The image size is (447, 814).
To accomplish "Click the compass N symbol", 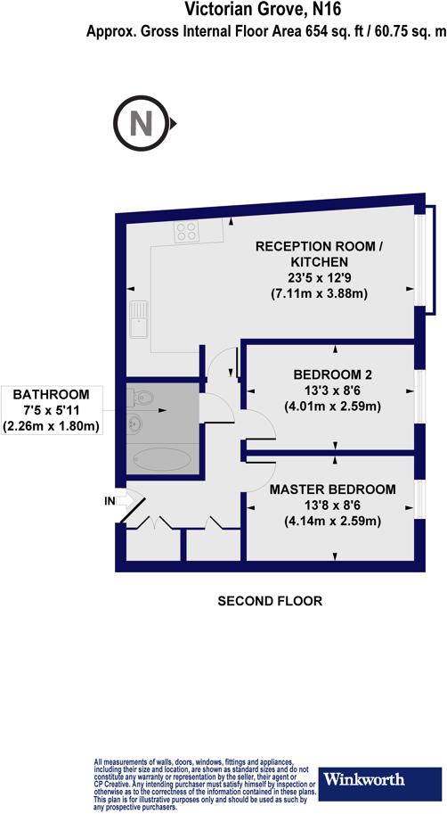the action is pyautogui.click(x=141, y=124).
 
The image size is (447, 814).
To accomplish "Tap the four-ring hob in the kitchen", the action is pyautogui.click(x=187, y=231).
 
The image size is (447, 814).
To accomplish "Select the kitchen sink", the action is pyautogui.click(x=138, y=317).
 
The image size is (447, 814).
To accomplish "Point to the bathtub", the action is pyautogui.click(x=161, y=459).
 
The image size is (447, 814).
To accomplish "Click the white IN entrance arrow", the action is pyautogui.click(x=125, y=500).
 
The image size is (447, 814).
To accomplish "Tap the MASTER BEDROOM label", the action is pyautogui.click(x=332, y=489).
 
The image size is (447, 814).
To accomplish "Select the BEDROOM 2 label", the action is pyautogui.click(x=333, y=374).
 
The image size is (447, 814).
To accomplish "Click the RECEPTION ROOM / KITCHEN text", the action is pyautogui.click(x=319, y=253).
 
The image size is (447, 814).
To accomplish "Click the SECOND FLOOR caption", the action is pyautogui.click(x=270, y=601).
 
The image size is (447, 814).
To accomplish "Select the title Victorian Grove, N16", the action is pyautogui.click(x=264, y=9).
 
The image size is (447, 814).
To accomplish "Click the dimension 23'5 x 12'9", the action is pyautogui.click(x=319, y=278).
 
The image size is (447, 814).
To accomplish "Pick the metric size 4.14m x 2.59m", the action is pyautogui.click(x=332, y=521).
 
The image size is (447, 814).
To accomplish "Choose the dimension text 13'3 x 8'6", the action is pyautogui.click(x=333, y=390).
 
